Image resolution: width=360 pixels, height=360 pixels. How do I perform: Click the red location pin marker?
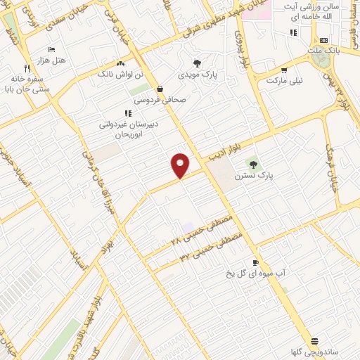(181, 165)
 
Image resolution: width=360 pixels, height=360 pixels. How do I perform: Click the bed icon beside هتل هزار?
(51, 49)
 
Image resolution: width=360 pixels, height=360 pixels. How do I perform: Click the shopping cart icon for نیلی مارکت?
(283, 70)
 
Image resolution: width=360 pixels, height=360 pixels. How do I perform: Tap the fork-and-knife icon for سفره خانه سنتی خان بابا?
(27, 69)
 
